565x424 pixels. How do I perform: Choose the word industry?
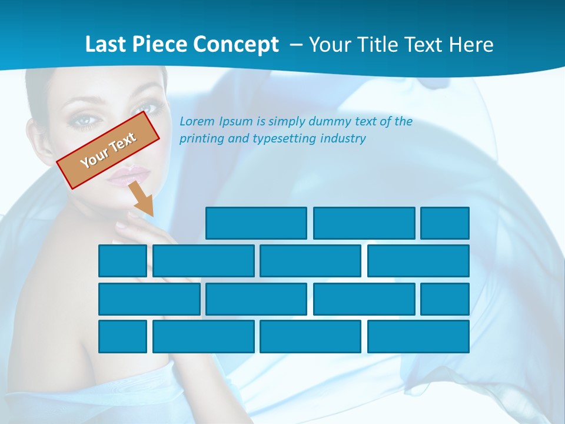[x=343, y=139]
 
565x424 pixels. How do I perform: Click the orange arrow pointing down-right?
[x=142, y=199]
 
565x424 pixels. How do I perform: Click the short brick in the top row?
[x=444, y=223]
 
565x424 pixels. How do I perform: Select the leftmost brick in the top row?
[x=256, y=223]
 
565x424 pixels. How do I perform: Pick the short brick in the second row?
[x=122, y=261]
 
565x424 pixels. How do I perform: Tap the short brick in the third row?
[x=444, y=299]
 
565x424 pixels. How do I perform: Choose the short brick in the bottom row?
[x=122, y=337]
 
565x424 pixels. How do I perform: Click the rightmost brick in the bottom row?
[x=418, y=337]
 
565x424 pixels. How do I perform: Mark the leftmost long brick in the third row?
[x=149, y=299]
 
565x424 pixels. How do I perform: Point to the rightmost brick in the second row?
[x=418, y=261]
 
